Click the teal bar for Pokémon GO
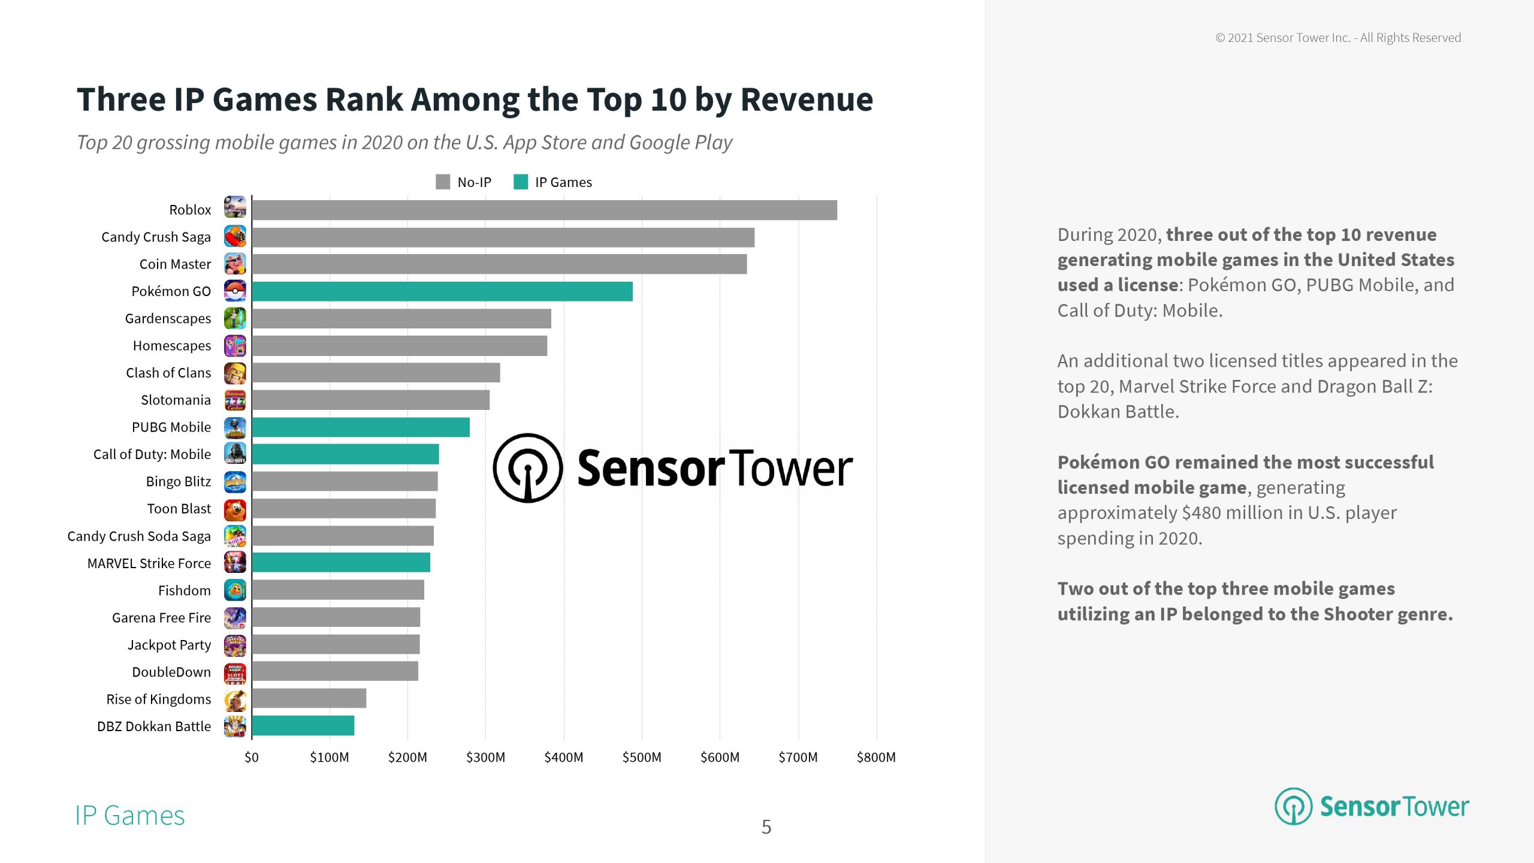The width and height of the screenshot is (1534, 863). (x=442, y=291)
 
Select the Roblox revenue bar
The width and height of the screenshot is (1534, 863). (x=544, y=210)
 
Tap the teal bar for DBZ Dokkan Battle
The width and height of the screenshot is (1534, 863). (x=303, y=726)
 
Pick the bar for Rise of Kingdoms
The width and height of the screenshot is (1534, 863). (x=309, y=698)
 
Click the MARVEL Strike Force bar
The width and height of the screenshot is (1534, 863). (x=341, y=563)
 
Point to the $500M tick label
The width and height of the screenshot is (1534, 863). (x=642, y=758)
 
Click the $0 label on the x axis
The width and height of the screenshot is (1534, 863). (x=252, y=758)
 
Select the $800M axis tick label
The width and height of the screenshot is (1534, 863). (x=876, y=758)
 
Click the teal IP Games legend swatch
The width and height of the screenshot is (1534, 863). (x=521, y=182)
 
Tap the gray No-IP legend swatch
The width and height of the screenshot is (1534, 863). (x=443, y=182)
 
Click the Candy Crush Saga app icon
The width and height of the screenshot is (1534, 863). (x=235, y=237)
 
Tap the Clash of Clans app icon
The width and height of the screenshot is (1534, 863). (x=235, y=373)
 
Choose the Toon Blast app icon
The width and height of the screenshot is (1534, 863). (x=235, y=509)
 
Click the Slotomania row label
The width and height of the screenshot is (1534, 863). (x=176, y=400)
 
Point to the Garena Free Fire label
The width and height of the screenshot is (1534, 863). (x=161, y=617)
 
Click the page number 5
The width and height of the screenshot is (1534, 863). (x=766, y=827)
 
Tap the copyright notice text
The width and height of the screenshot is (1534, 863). (x=1338, y=38)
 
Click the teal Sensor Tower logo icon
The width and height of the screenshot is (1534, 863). (x=1293, y=806)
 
